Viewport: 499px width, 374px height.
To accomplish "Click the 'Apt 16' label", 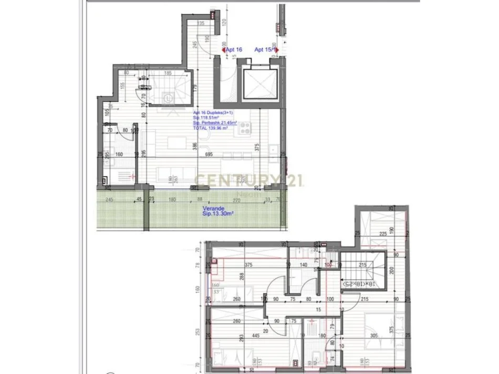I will (233, 50).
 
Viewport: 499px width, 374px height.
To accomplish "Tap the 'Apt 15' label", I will (265, 50).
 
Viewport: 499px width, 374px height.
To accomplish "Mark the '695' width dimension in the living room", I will (209, 155).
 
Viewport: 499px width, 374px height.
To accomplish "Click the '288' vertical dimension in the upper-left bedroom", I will (241, 276).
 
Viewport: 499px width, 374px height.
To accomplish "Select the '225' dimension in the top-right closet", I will (383, 234).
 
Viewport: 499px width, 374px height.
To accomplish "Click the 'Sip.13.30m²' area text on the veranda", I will (218, 214).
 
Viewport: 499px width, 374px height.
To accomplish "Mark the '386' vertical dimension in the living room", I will (194, 148).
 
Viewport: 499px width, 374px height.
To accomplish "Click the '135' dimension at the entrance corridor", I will (201, 24).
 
